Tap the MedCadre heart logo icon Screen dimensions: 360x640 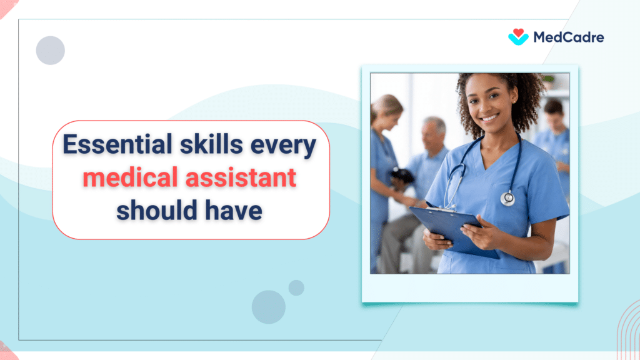518,37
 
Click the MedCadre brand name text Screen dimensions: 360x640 568,37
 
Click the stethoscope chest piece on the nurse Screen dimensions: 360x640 507,198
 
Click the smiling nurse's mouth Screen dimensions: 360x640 489,117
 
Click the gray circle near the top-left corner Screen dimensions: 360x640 51,51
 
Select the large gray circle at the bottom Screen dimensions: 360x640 269,307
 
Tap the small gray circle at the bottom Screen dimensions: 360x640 296,287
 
